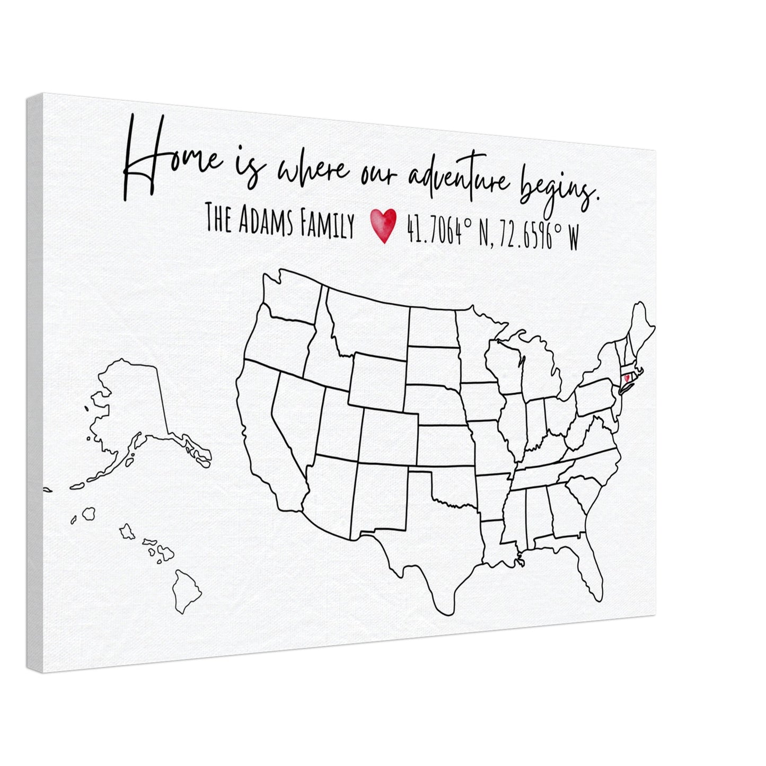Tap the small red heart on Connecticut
[x=627, y=378]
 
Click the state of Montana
[x=366, y=318]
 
